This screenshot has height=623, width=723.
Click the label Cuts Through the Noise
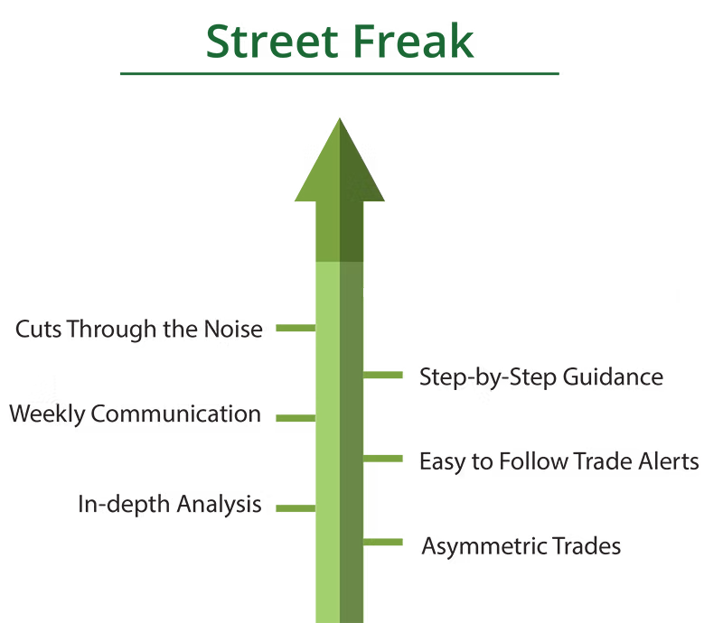(x=144, y=330)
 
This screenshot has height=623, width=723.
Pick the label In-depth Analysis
(x=174, y=504)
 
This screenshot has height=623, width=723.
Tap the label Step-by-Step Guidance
(x=542, y=377)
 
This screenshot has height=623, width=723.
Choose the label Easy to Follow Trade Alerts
(x=559, y=461)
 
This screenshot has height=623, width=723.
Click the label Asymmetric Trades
(x=521, y=546)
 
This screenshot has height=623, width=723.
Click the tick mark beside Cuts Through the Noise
(x=294, y=329)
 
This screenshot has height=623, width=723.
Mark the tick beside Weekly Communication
(x=294, y=422)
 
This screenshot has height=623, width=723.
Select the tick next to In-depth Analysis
(x=294, y=508)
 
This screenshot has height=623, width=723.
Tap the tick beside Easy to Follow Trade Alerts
(x=384, y=459)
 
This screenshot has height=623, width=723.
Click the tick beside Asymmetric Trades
(x=384, y=542)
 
